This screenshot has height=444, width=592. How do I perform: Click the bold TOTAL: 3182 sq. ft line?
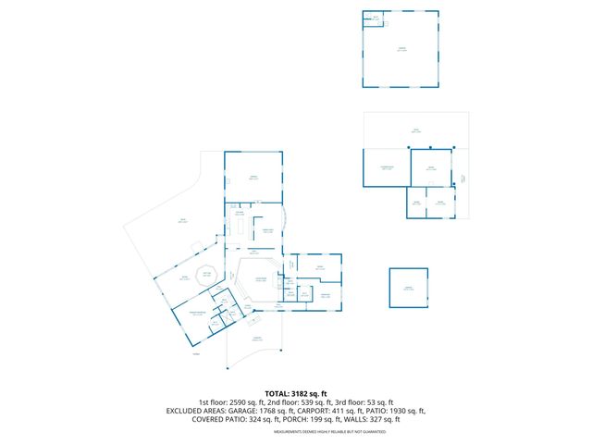[295, 393]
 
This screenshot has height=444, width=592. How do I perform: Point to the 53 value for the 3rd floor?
[372, 402]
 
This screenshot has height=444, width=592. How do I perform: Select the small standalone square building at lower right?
[409, 288]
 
